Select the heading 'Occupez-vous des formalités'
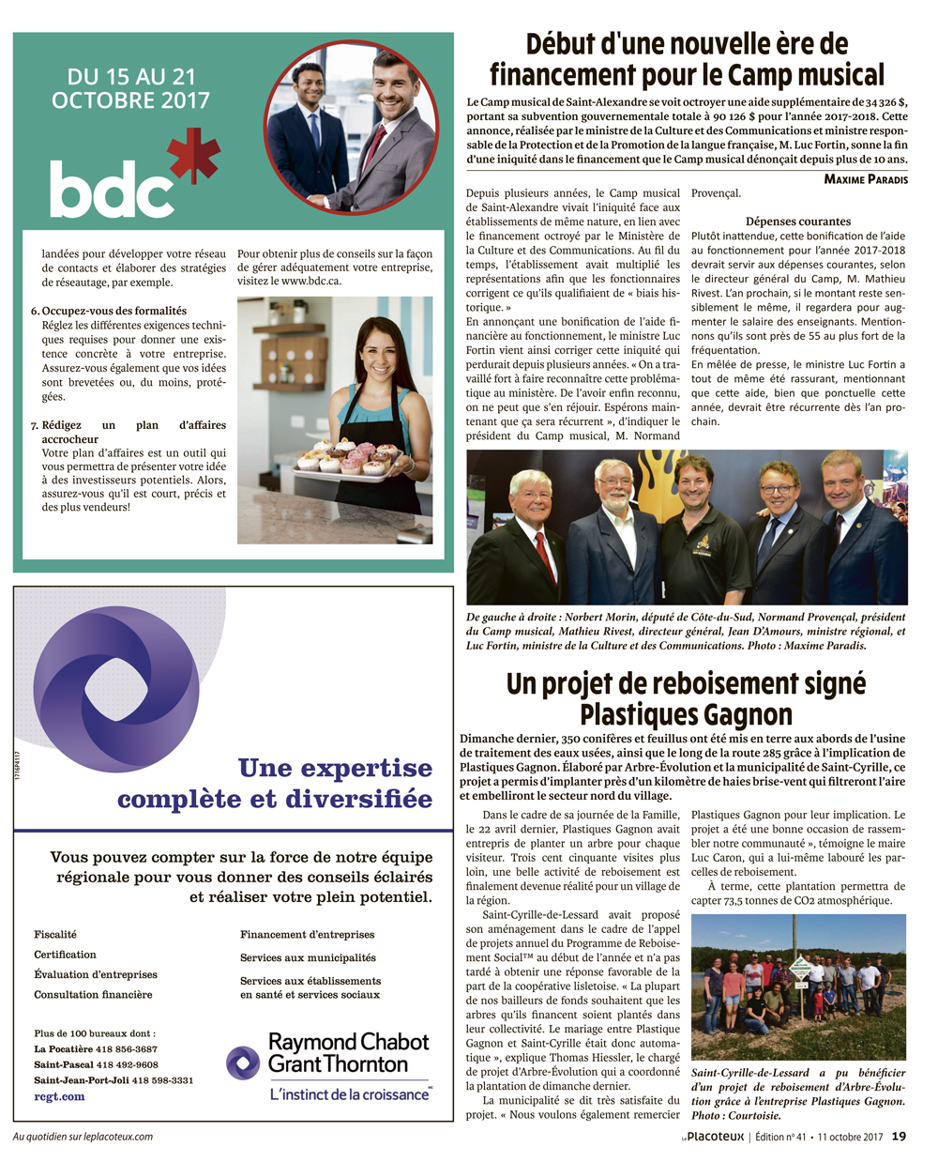114,311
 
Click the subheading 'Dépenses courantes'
798,222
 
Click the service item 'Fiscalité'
55,935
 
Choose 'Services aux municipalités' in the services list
308,957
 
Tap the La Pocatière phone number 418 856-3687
127,1049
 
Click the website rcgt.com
59,1095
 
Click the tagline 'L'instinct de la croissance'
350,1094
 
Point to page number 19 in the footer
899,1137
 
